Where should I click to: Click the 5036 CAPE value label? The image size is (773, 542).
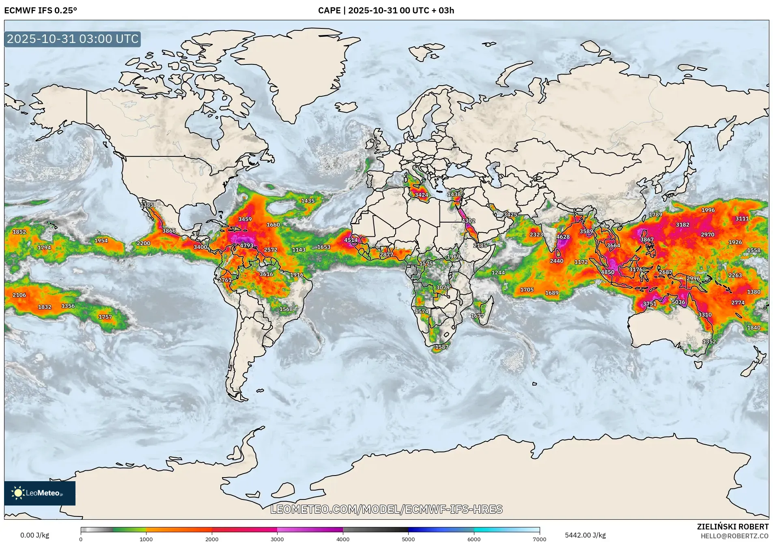click(x=678, y=302)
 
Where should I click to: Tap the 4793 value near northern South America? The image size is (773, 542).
click(x=246, y=245)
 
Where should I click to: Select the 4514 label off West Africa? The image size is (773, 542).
click(x=351, y=240)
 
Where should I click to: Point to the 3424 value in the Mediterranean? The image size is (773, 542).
click(x=421, y=195)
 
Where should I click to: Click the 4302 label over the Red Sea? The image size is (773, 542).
click(x=468, y=221)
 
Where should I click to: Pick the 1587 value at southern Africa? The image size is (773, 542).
click(x=441, y=347)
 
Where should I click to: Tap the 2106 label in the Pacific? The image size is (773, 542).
click(x=19, y=295)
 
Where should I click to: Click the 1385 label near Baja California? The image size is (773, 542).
click(x=147, y=205)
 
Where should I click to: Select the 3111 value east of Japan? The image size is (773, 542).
click(x=742, y=219)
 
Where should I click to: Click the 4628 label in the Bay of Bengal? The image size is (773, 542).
click(x=563, y=237)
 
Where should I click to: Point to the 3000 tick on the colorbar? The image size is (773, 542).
click(x=277, y=539)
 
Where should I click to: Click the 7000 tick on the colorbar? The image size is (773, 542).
click(x=539, y=539)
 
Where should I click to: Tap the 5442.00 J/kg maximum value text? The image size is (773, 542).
click(x=585, y=535)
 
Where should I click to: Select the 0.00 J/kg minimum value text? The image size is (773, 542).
click(x=34, y=535)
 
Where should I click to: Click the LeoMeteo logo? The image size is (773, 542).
click(x=39, y=493)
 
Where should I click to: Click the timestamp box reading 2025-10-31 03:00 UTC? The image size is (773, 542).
click(x=73, y=39)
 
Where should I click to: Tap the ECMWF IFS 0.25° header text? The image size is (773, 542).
click(x=41, y=11)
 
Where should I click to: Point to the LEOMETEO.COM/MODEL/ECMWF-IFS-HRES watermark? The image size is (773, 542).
click(x=386, y=509)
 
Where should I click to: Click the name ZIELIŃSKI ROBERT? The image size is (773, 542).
click(x=732, y=527)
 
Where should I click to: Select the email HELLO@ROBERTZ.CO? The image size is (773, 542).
click(x=734, y=536)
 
